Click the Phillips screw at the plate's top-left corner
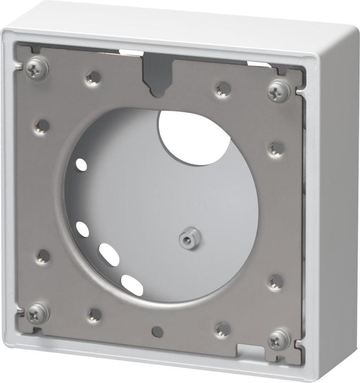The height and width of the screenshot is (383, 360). [37, 66]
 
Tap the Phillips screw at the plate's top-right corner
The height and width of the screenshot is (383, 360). [279, 91]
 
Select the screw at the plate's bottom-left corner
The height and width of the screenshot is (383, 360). [38, 313]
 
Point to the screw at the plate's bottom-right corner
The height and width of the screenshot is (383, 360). [279, 338]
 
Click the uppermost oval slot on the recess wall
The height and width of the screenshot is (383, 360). [81, 164]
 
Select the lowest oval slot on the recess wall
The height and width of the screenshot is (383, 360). [132, 285]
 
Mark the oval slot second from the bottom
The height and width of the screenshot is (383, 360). [109, 254]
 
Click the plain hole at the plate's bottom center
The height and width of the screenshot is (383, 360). [157, 332]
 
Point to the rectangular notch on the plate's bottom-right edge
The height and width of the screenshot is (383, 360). [250, 351]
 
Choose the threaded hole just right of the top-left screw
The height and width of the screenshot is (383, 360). [94, 78]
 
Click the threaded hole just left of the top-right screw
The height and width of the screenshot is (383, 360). [223, 88]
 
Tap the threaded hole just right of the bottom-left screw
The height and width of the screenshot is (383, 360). [95, 314]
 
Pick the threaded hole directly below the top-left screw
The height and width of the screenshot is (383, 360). [42, 126]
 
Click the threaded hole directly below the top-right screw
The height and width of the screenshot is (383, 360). [276, 148]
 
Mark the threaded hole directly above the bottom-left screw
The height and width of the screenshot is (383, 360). [43, 256]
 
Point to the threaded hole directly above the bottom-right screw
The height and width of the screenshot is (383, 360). [275, 281]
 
